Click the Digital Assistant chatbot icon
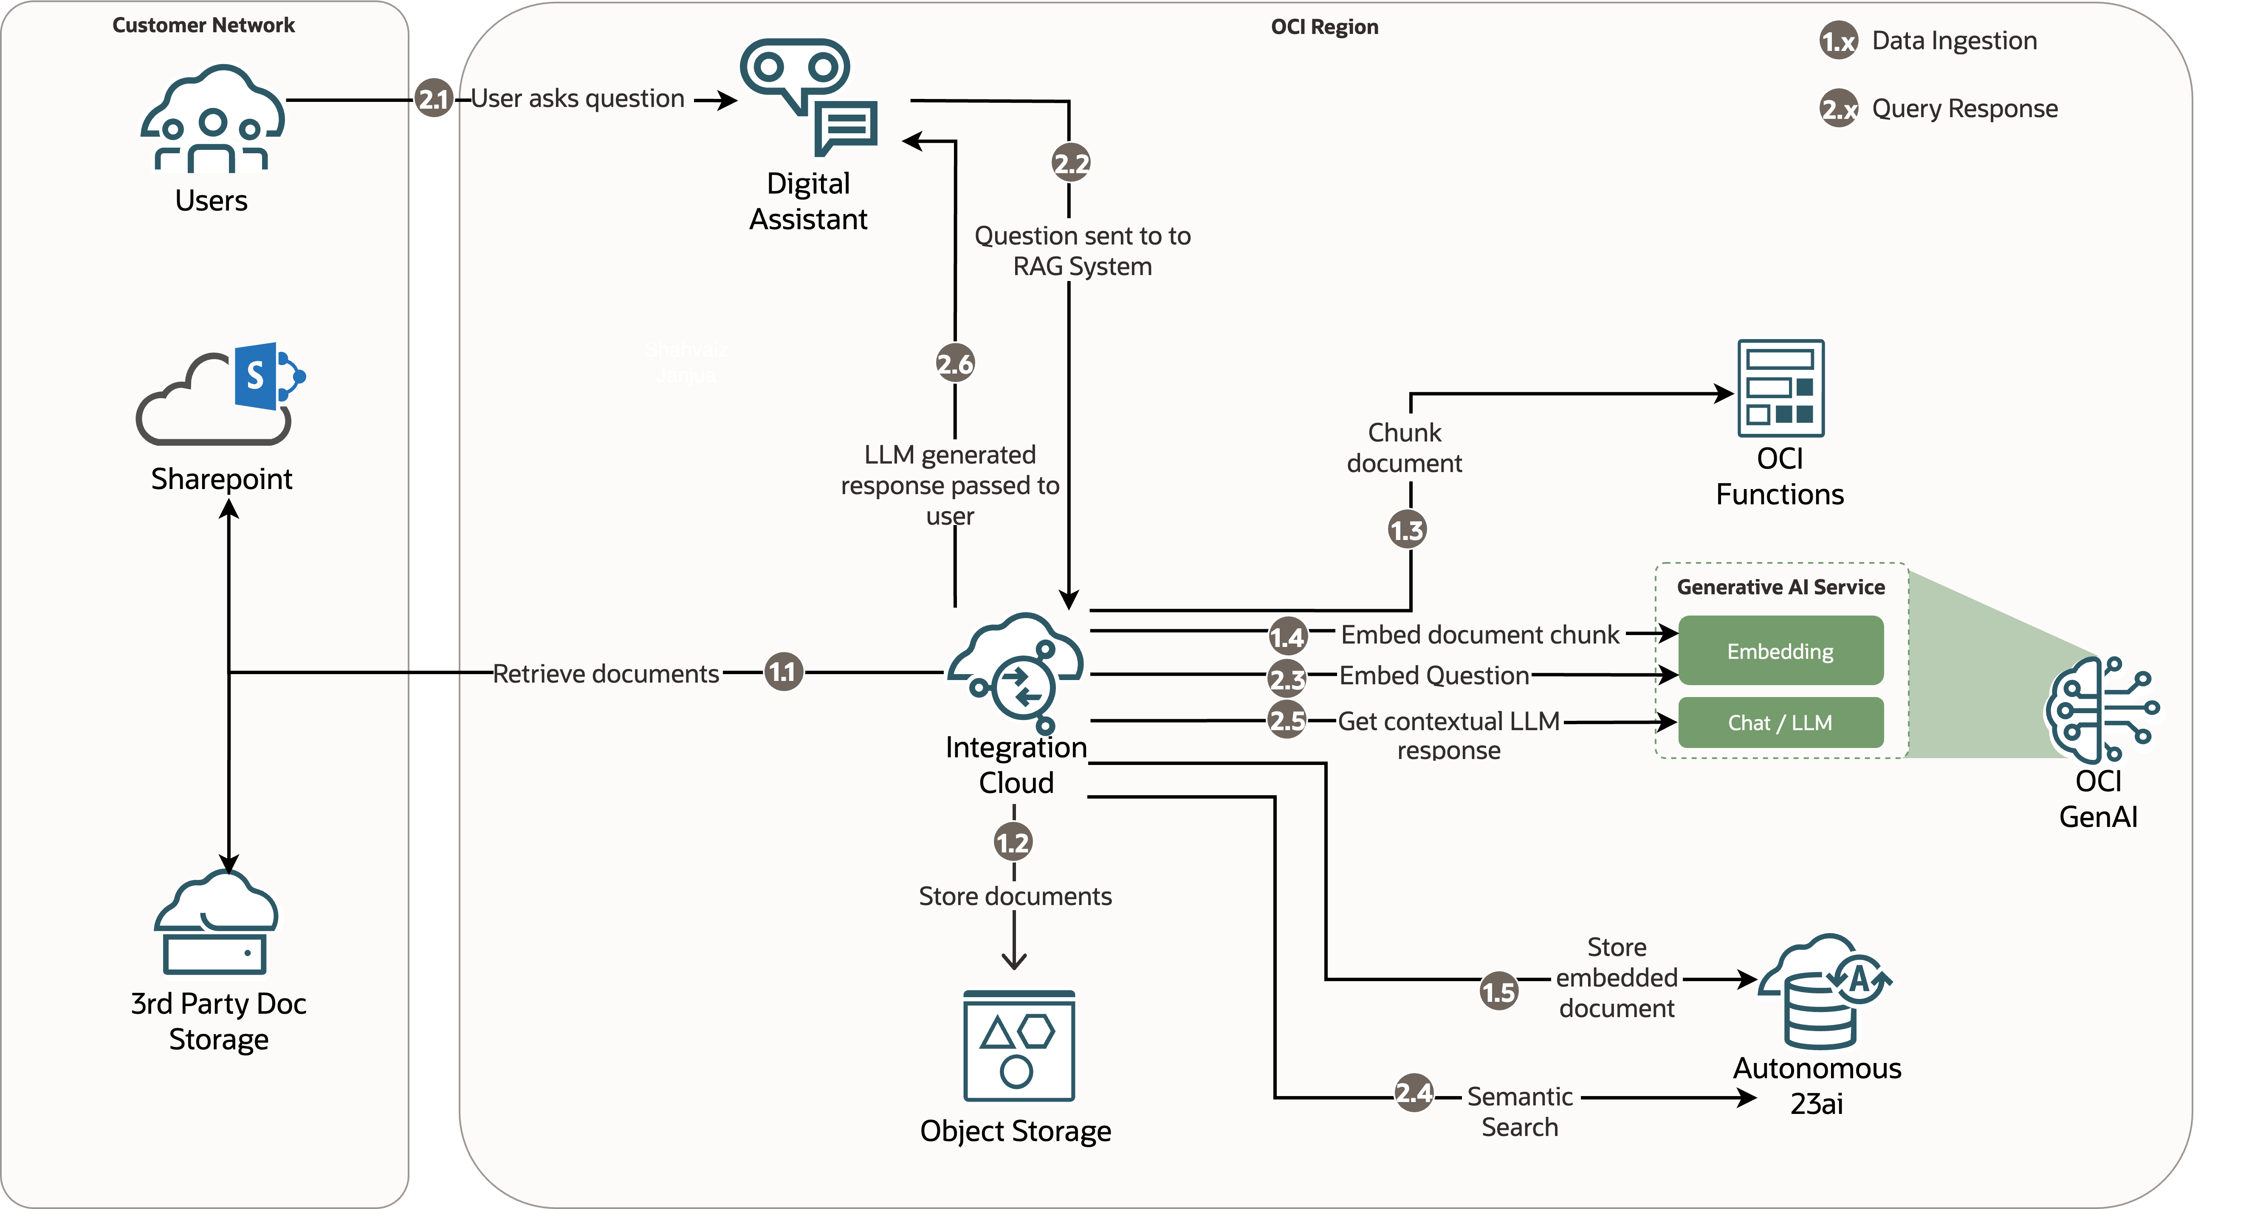(x=808, y=96)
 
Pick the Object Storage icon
(x=1019, y=1046)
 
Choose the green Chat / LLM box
(x=1780, y=723)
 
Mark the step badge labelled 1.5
(x=1499, y=992)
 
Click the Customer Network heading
(x=203, y=25)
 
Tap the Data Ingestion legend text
(x=1954, y=41)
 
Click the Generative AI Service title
(x=1780, y=588)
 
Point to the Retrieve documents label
(x=606, y=674)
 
